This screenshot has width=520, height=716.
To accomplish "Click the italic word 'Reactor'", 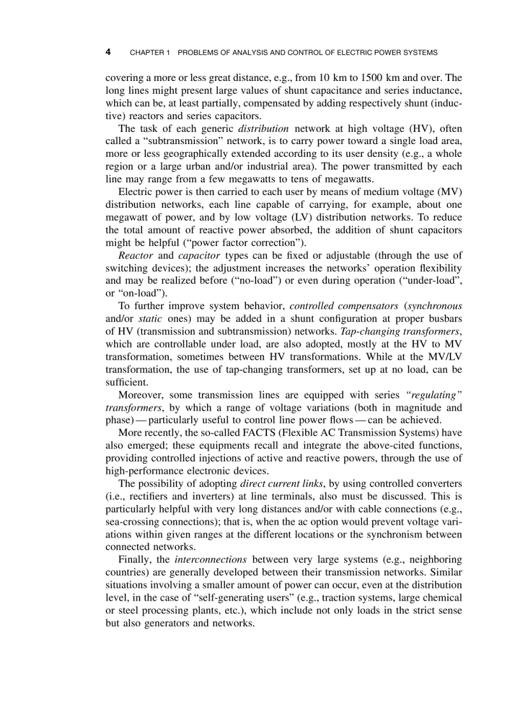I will pyautogui.click(x=134, y=255).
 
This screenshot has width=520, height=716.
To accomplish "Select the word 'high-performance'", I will pyautogui.click(x=142, y=471).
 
